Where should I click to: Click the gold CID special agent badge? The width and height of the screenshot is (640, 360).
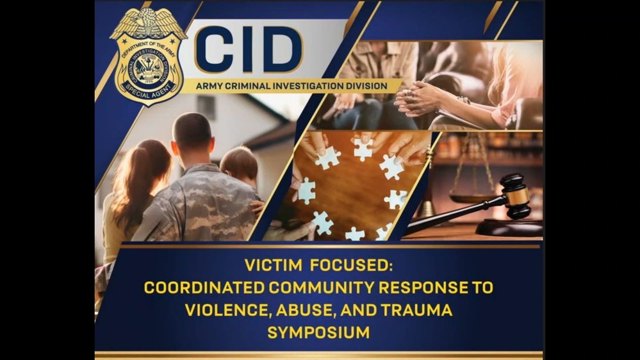(148, 61)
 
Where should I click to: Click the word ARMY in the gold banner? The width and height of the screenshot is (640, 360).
(209, 86)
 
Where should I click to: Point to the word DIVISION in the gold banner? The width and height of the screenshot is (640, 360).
(365, 86)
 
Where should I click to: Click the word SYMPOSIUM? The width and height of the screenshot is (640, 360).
(318, 332)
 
